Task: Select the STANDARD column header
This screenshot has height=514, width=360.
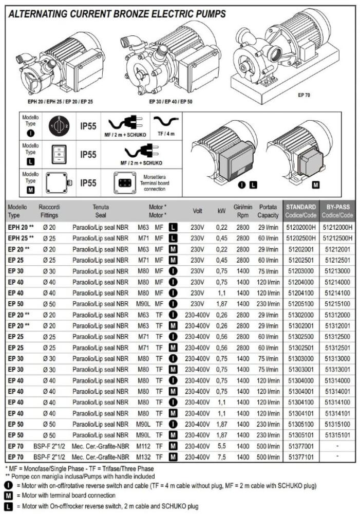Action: pyautogui.click(x=301, y=211)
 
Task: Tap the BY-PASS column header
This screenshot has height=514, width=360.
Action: pyautogui.click(x=337, y=211)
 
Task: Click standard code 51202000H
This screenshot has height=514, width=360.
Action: pyautogui.click(x=301, y=227)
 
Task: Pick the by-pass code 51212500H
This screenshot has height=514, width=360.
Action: pyautogui.click(x=337, y=237)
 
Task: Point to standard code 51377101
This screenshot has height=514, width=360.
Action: pyautogui.click(x=301, y=455)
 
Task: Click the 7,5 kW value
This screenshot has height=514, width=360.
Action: pyautogui.click(x=221, y=455)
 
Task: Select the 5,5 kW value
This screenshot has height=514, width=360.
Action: pyautogui.click(x=221, y=445)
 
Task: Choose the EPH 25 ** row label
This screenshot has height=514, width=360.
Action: pyautogui.click(x=21, y=237)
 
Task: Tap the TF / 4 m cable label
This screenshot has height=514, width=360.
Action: pyautogui.click(x=165, y=134)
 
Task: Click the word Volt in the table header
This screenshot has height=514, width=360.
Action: pyautogui.click(x=197, y=211)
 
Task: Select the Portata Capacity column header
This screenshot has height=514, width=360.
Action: pyautogui.click(x=268, y=211)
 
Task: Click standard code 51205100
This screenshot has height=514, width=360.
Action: pyautogui.click(x=301, y=303)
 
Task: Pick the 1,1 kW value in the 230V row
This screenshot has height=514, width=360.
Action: pyautogui.click(x=221, y=292)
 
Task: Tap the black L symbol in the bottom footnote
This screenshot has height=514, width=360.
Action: pyautogui.click(x=8, y=506)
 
